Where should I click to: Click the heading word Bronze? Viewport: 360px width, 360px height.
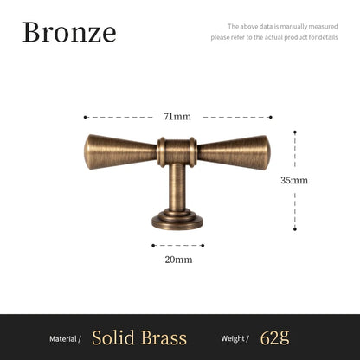(x=68, y=32)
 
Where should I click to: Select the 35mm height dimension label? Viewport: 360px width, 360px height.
(x=294, y=181)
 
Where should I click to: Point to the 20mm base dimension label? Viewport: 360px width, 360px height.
(x=177, y=258)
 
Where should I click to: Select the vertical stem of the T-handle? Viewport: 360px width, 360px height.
(x=177, y=185)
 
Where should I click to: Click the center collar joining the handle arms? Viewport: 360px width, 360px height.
(x=177, y=152)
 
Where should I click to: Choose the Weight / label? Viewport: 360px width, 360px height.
(x=235, y=337)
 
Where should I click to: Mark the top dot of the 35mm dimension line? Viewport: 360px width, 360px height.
(x=294, y=132)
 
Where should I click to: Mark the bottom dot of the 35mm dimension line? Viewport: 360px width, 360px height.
(x=294, y=229)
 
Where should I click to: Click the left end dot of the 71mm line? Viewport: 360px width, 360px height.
(x=85, y=116)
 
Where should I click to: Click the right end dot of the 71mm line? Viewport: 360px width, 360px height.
(x=271, y=116)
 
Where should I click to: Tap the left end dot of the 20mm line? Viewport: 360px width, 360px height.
(x=152, y=245)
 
